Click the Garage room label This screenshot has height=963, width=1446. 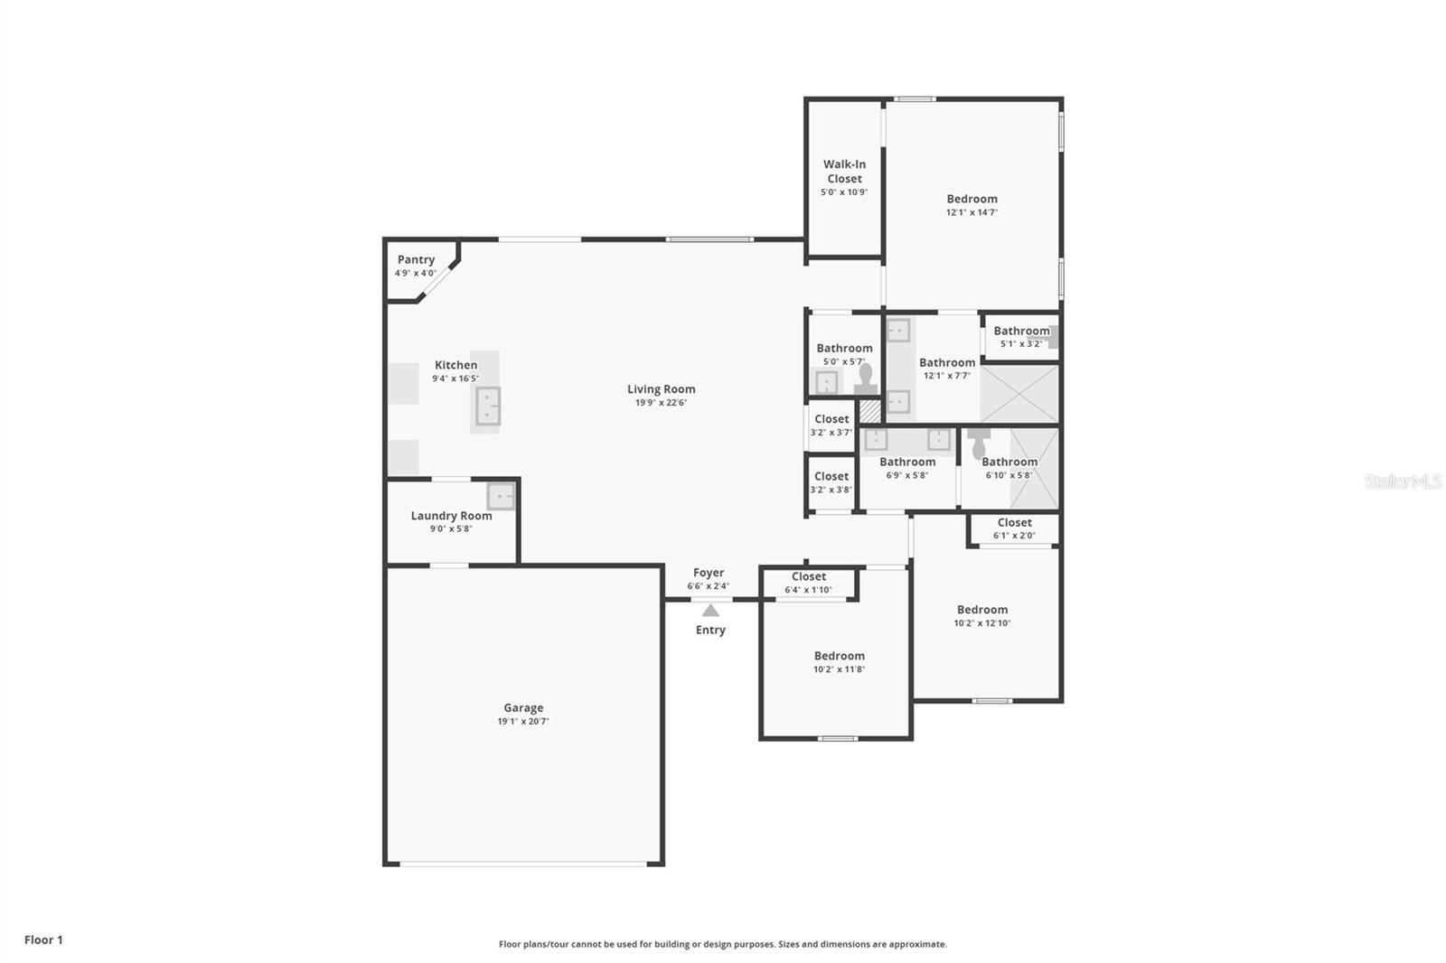tap(523, 708)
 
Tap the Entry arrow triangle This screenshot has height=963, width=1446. tap(710, 611)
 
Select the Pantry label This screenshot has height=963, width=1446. tap(416, 259)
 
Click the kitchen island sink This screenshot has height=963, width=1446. tap(488, 406)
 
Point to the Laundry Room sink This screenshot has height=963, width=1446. tap(501, 496)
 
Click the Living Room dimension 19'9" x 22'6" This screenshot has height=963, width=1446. tap(661, 403)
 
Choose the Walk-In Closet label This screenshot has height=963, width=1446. tap(844, 172)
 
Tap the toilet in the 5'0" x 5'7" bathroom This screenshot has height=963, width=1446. tap(866, 379)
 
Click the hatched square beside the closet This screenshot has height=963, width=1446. tap(869, 411)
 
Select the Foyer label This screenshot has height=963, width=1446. tap(709, 573)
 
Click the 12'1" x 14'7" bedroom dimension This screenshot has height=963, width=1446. tap(972, 212)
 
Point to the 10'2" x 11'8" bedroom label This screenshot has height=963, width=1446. tap(840, 656)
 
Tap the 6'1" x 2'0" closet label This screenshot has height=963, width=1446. tap(1015, 523)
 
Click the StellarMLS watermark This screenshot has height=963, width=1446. tap(1404, 481)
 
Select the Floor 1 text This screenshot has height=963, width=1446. tap(44, 940)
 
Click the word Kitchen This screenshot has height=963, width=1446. tap(455, 365)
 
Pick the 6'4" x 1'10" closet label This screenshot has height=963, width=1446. tap(809, 576)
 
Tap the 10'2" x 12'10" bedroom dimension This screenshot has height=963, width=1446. tap(982, 623)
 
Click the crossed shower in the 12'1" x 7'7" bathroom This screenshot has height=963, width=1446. tap(1020, 394)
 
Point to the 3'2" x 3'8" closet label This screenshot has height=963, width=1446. tap(831, 476)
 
